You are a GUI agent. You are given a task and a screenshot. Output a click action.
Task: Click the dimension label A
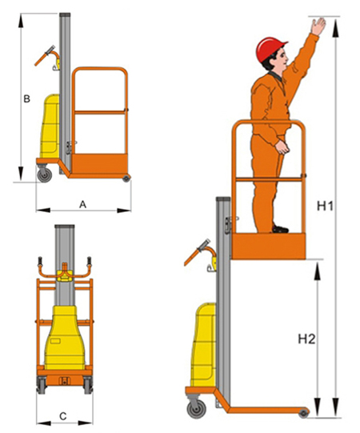[x=83, y=205]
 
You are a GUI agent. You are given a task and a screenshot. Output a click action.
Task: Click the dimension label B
[x=26, y=99]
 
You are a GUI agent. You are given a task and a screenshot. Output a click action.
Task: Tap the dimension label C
[x=63, y=416]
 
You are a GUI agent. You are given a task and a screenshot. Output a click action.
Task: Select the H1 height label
[x=325, y=206]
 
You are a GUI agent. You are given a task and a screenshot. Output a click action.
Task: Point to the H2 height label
[x=306, y=339]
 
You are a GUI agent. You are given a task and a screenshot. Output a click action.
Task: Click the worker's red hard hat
[x=270, y=49]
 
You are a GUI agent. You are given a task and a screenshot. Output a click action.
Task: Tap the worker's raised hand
[x=318, y=26]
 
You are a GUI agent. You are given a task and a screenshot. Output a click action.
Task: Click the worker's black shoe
[x=280, y=229]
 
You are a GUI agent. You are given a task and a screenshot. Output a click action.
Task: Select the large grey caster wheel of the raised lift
[x=196, y=408]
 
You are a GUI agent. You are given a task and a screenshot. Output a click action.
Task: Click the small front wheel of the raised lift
[x=304, y=413]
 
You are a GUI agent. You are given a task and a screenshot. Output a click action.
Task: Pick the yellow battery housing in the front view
[x=65, y=338]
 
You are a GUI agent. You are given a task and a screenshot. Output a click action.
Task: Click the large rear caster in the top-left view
[x=45, y=174]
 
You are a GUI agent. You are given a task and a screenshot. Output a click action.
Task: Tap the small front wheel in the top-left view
[x=126, y=178]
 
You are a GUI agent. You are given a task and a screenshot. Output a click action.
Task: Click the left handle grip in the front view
[x=40, y=261]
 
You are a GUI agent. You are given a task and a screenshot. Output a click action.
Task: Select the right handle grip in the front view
[x=89, y=261]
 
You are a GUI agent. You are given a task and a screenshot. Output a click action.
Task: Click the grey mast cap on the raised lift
[x=223, y=198]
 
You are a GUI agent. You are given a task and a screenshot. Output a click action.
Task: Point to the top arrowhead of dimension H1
[x=335, y=28]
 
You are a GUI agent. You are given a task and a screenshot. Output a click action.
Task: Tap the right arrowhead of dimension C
[x=85, y=423]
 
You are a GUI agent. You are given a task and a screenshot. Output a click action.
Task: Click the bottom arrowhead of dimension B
[x=21, y=174]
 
